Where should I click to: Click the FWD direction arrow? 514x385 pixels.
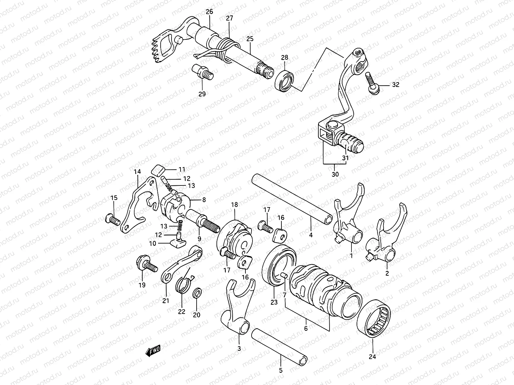(153, 351)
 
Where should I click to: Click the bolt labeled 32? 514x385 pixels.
(374, 82)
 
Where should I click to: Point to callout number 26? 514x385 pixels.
(209, 12)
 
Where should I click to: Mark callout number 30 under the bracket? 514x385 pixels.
(335, 175)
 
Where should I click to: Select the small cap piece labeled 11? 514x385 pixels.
(157, 170)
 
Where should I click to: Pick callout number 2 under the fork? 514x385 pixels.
(387, 273)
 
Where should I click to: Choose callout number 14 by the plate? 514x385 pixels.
(137, 172)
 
